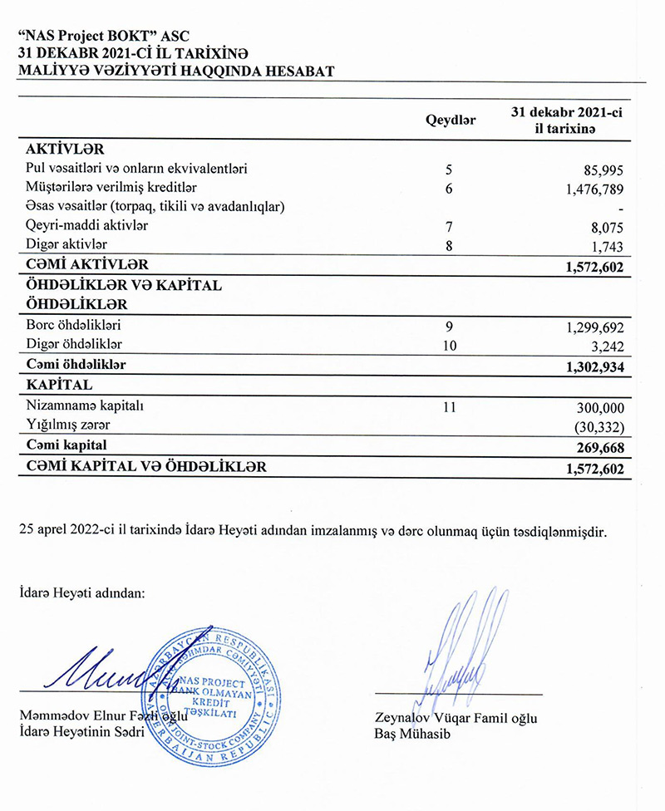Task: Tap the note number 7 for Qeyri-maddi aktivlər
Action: pos(449,226)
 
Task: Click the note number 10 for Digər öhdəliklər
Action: pos(450,344)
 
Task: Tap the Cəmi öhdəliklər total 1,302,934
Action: pos(589,366)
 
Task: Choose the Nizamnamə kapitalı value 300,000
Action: pos(598,409)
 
